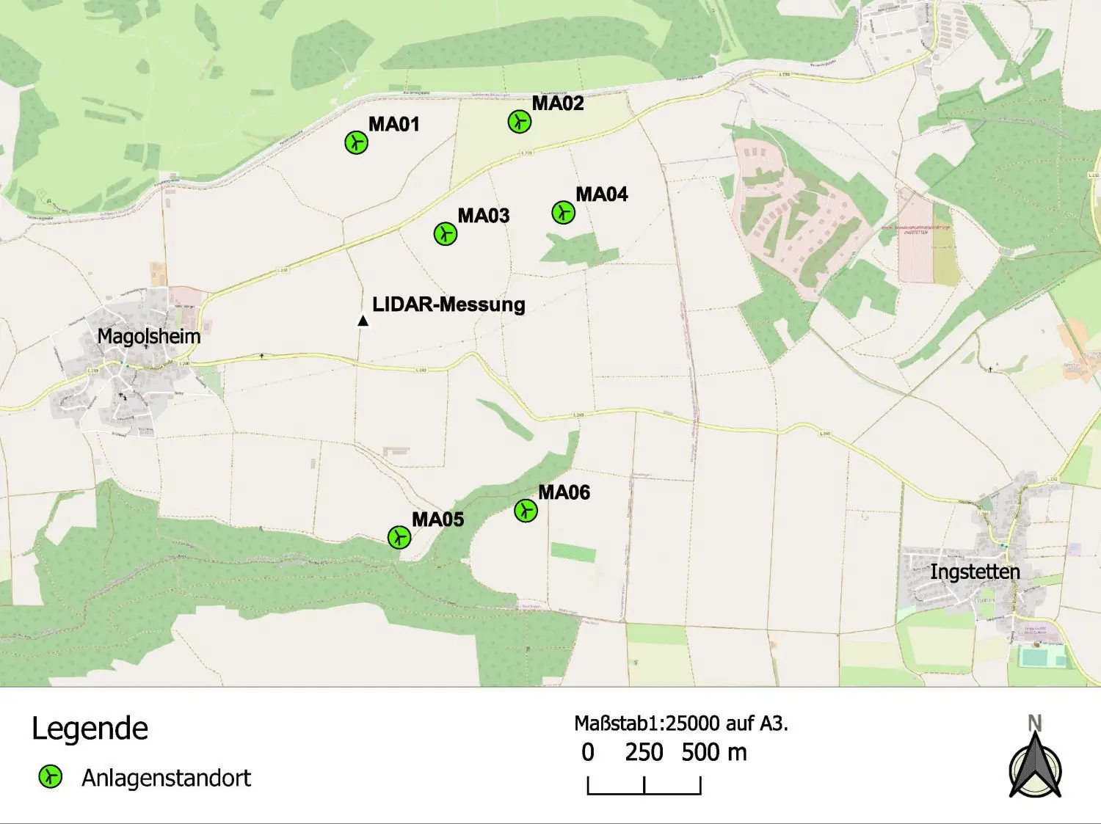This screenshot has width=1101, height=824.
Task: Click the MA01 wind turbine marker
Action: coord(356,142)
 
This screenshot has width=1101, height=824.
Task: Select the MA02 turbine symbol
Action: coord(520,121)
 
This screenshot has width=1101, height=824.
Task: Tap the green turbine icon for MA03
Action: coord(446,234)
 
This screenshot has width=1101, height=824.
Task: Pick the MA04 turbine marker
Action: coord(563,213)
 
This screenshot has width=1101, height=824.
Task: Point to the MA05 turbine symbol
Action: coord(399,537)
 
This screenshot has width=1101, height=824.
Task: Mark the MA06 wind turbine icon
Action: coord(526,510)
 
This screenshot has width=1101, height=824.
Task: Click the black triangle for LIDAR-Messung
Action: coord(363,321)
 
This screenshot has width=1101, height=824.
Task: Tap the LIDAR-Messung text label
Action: coord(448,305)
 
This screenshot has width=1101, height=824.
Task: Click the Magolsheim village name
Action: coord(148,337)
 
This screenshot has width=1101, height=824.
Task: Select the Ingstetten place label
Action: coord(975,572)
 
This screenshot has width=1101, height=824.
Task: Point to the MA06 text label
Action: coord(564,492)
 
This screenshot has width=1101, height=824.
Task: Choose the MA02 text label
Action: coord(558,103)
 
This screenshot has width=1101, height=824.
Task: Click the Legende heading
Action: coord(90,729)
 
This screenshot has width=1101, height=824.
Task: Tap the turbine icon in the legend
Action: coord(50,776)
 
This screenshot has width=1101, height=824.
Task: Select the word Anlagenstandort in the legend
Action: coord(167,778)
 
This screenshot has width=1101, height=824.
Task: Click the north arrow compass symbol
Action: coord(1034,763)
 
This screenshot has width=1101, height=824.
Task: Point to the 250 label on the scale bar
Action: coord(644,753)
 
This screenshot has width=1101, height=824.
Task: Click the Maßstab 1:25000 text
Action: coord(680,723)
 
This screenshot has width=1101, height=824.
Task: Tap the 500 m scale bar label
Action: coord(713,753)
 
